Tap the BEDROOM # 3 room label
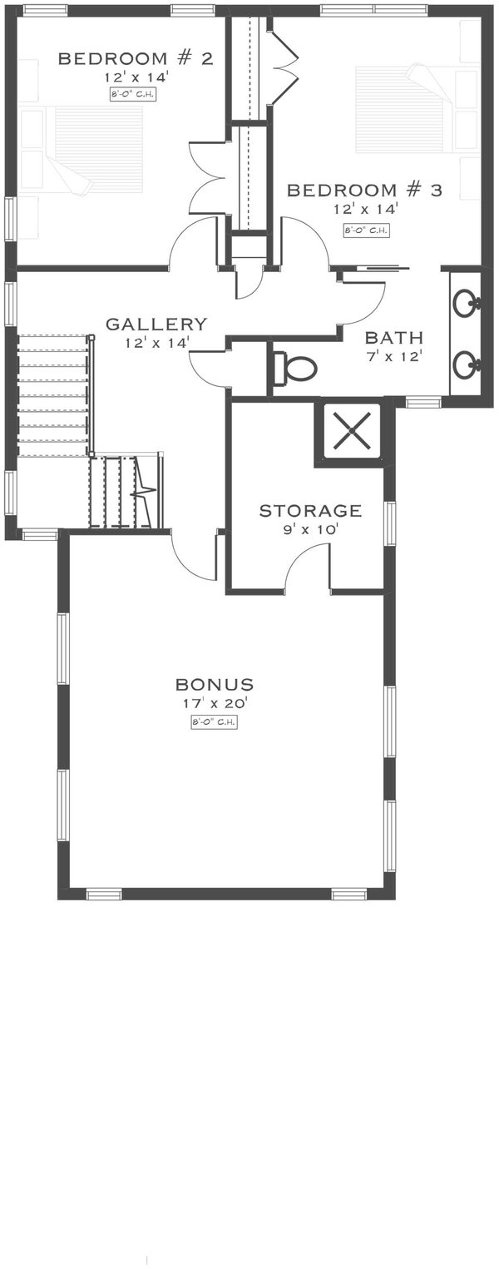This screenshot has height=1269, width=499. click(x=364, y=191)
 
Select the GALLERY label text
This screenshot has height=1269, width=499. click(x=156, y=324)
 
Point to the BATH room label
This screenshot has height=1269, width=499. click(x=394, y=338)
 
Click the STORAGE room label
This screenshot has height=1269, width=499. click(x=310, y=510)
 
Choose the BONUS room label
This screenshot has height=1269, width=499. click(x=215, y=685)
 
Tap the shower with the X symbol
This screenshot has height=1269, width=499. click(x=348, y=432)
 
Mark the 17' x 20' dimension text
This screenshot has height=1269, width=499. click(x=215, y=704)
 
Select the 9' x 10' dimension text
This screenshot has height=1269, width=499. click(x=310, y=528)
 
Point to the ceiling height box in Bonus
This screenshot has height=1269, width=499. click(x=215, y=722)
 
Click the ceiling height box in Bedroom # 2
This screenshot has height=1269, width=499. click(x=133, y=94)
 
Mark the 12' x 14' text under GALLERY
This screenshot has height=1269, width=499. click(x=156, y=341)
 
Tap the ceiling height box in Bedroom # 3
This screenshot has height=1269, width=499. click(x=366, y=231)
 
